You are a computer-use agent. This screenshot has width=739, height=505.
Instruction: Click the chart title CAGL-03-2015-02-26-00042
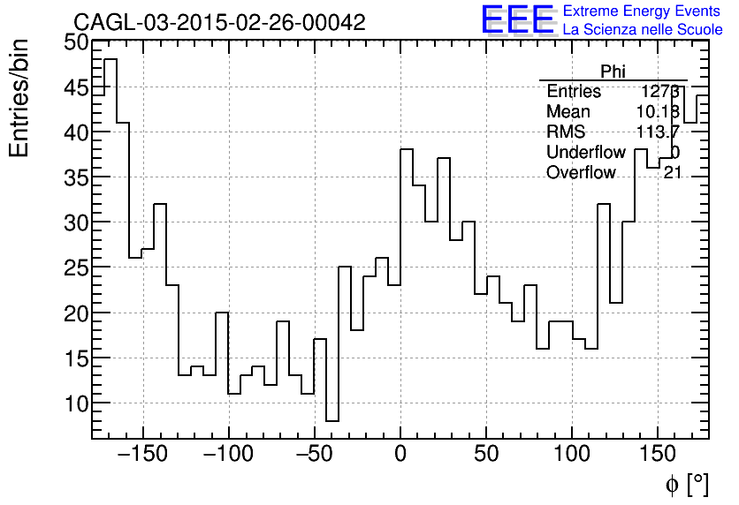[218, 23]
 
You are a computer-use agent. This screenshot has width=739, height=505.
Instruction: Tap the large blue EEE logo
[518, 19]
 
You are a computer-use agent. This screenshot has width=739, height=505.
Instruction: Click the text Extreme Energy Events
[642, 11]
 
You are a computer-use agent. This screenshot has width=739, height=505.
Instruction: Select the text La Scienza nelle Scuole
[642, 30]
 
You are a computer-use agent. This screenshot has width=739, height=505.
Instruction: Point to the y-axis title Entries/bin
[19, 98]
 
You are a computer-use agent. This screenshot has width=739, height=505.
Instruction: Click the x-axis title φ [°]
[686, 483]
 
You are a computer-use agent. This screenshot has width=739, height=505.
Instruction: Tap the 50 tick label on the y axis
[76, 42]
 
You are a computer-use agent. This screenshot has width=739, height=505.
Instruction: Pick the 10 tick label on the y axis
[76, 403]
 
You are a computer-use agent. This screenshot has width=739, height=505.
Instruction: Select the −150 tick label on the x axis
[141, 456]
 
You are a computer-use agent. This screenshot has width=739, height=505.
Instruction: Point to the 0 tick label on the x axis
[400, 456]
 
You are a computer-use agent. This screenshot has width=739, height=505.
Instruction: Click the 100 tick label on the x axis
[572, 456]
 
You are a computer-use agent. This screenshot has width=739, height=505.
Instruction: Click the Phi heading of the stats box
[613, 72]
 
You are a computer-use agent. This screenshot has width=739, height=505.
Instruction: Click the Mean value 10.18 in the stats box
[658, 112]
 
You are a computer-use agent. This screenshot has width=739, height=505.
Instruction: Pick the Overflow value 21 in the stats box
[672, 173]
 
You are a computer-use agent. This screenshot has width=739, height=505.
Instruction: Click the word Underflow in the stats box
[585, 153]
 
